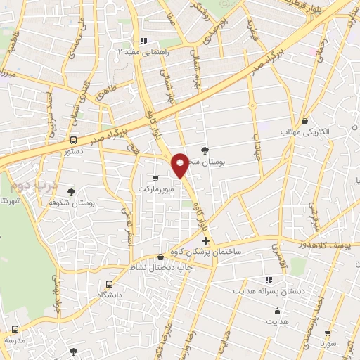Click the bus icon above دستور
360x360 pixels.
(74, 139)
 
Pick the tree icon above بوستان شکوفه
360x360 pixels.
(71, 191)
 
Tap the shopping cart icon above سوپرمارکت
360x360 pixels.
(155, 179)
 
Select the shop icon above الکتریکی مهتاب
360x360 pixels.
(304, 120)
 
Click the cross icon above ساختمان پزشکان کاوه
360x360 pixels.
(205, 240)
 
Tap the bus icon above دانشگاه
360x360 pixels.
(108, 284)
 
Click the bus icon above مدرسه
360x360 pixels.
(15, 329)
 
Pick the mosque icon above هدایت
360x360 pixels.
(277, 311)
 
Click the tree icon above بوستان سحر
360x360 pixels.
(205, 150)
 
